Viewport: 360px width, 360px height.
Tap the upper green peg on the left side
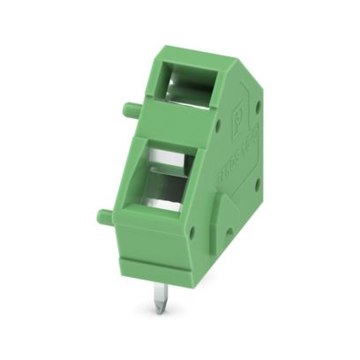click(x=129, y=109)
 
